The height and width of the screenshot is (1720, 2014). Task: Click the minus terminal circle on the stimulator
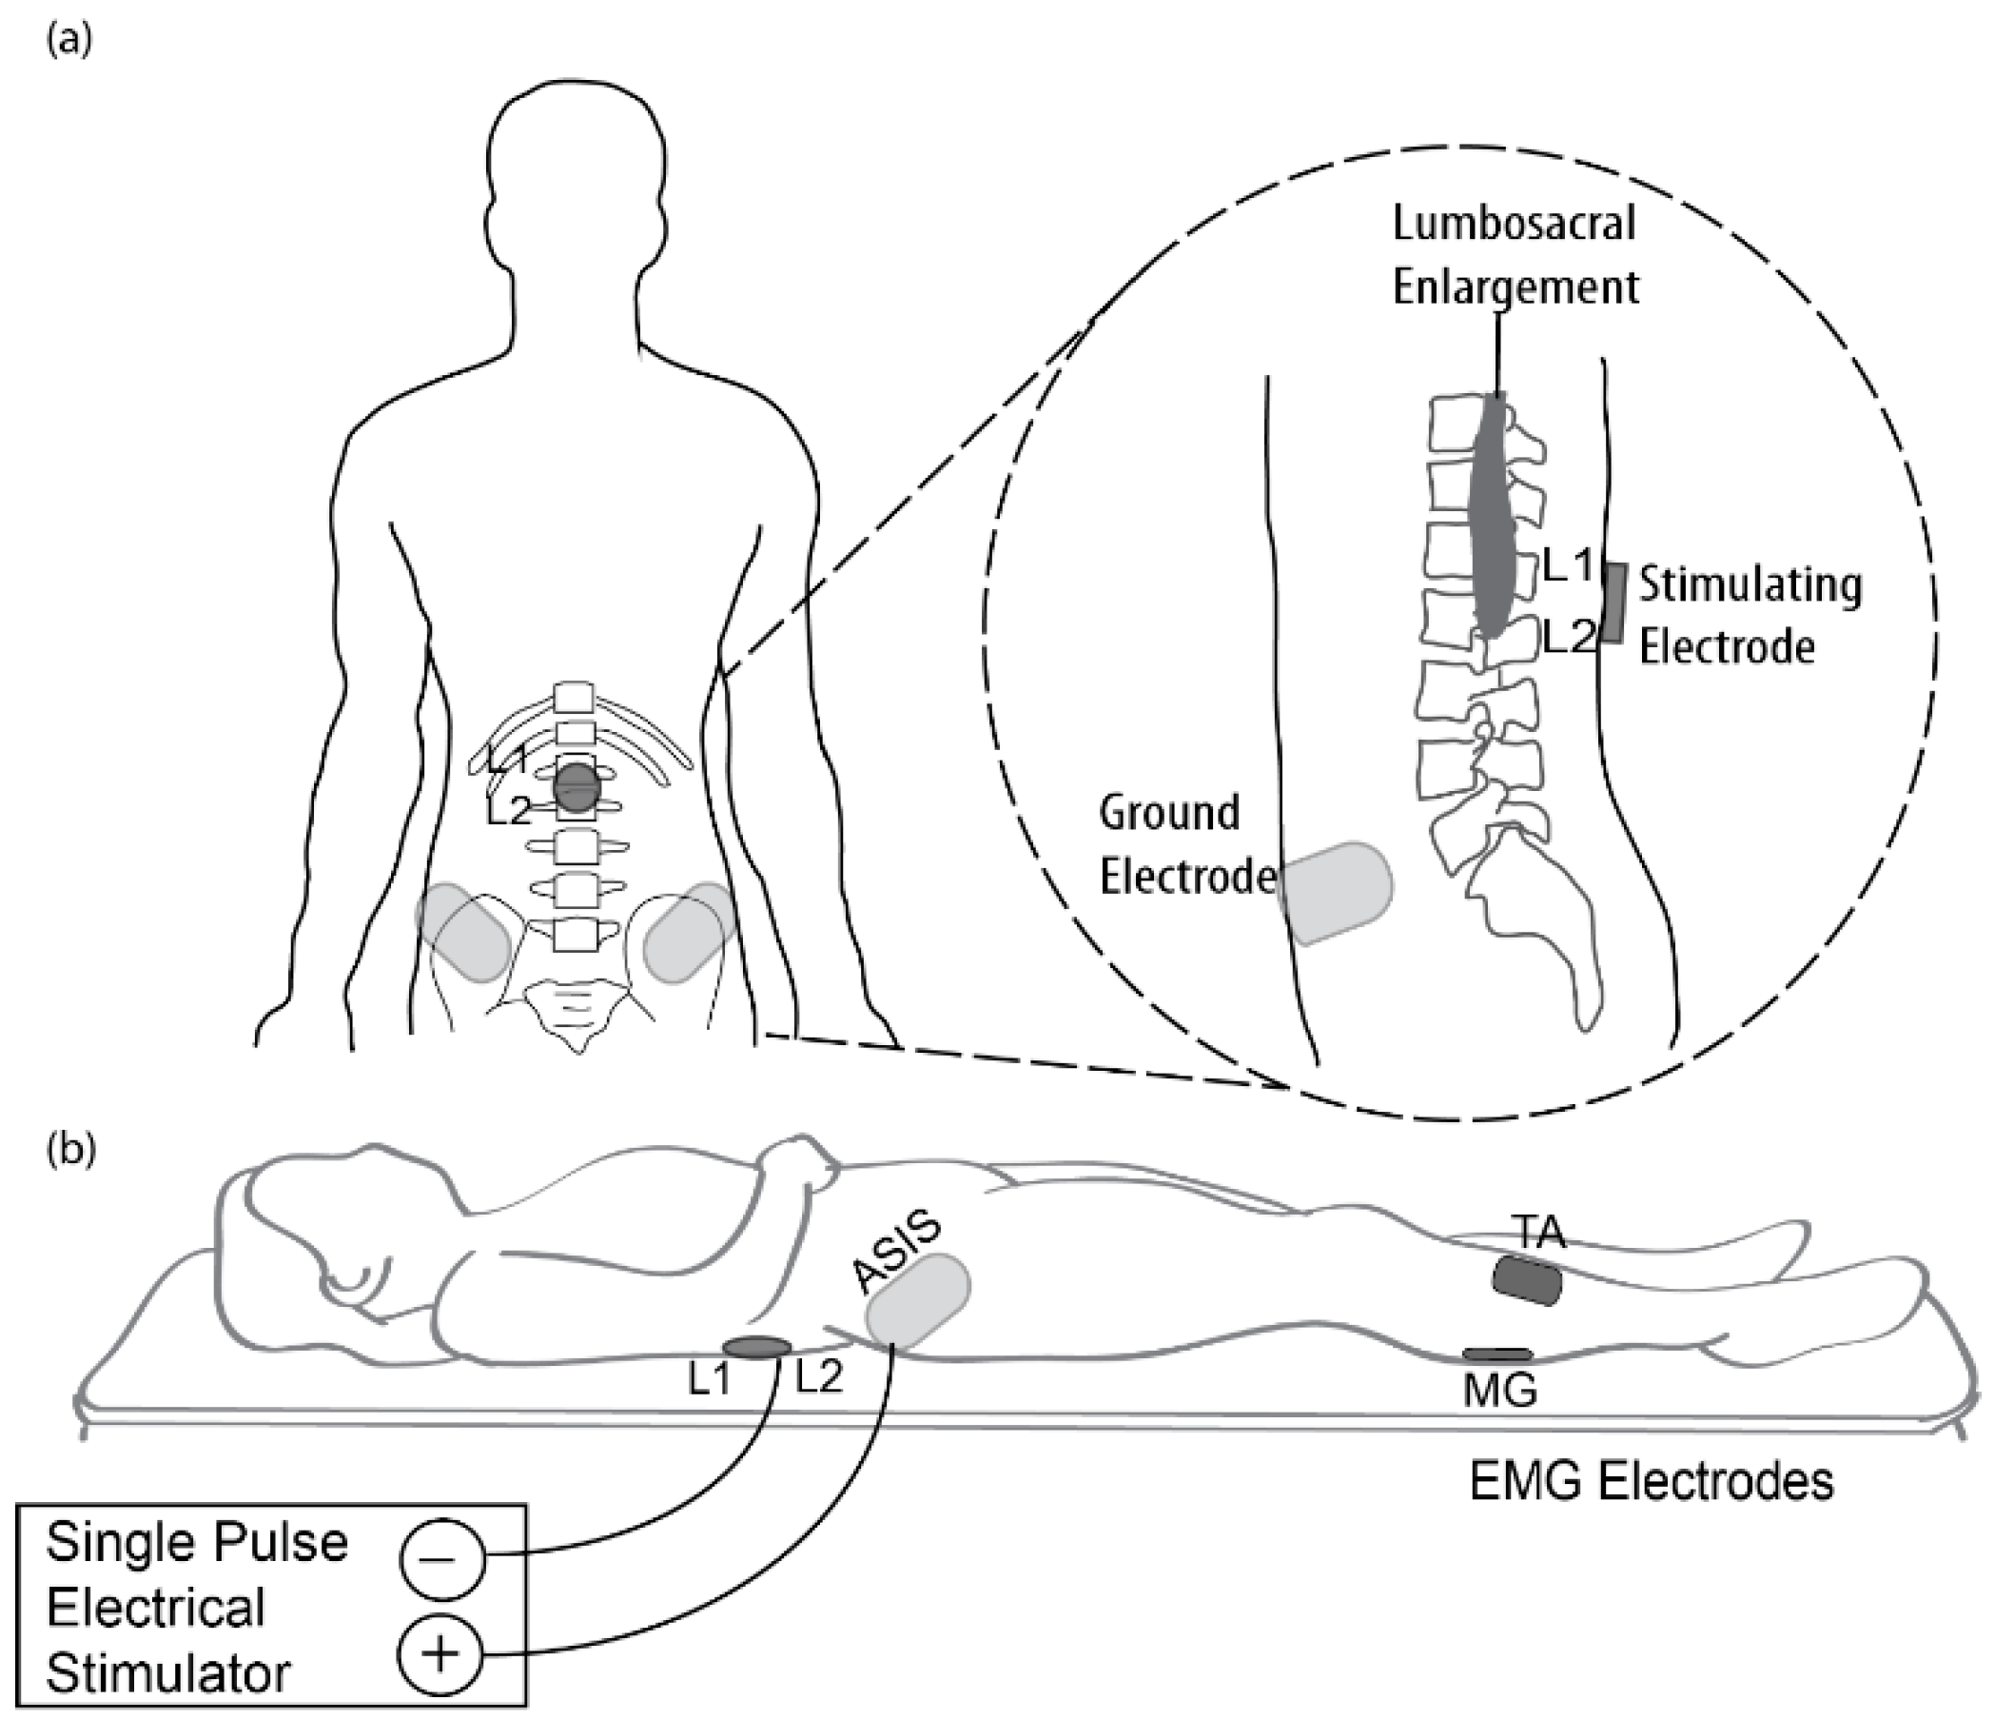click(441, 1557)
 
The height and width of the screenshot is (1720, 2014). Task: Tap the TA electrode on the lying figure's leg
click(1527, 1281)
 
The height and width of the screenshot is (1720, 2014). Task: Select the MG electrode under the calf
click(1496, 1354)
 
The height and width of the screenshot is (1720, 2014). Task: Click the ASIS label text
click(896, 1252)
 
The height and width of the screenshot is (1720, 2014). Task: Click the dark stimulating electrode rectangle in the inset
click(1614, 602)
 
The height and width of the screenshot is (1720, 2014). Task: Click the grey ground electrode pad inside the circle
click(1336, 893)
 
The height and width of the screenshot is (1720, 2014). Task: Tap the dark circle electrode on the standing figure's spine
click(577, 787)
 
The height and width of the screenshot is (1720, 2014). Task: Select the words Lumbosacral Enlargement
click(1515, 256)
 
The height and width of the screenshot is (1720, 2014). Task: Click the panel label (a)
click(70, 41)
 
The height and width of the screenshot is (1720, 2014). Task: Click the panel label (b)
click(71, 1149)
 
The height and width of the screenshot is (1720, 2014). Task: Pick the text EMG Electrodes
click(1651, 1482)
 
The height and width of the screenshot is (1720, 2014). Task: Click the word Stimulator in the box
click(168, 1672)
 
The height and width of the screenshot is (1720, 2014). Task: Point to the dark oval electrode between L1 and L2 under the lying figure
click(756, 1347)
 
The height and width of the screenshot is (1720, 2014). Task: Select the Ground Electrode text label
click(1185, 844)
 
